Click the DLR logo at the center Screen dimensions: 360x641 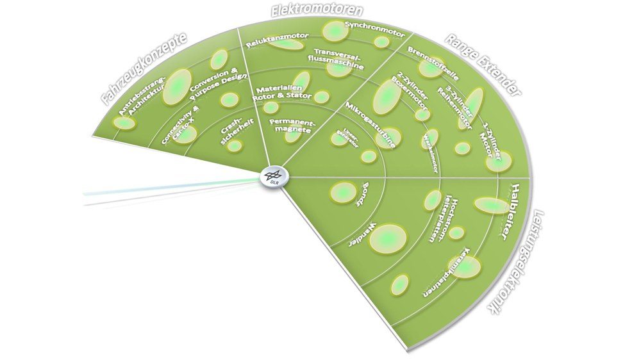coord(274,176)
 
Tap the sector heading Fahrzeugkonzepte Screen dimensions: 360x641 coord(144,68)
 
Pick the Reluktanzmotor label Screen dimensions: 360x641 coord(278,40)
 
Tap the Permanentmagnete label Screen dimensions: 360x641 coord(291,125)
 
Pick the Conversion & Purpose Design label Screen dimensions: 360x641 coord(215,83)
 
